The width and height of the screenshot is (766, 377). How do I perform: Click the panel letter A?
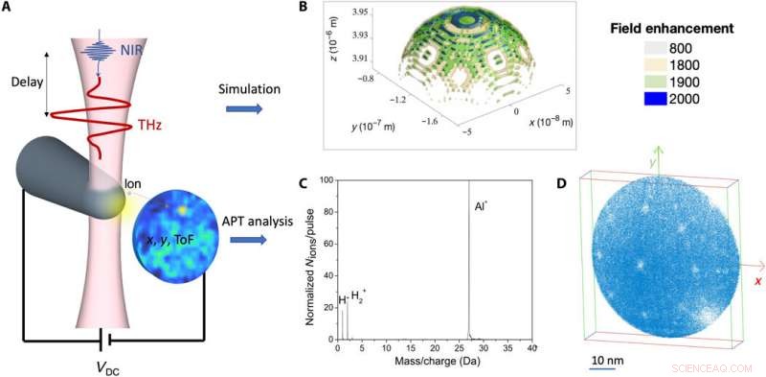9,9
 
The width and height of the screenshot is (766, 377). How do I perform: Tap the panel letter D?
560,182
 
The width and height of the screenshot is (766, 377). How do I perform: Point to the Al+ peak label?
483,206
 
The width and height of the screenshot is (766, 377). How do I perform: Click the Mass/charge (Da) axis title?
435,365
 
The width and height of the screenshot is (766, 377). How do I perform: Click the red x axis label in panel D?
755,281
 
